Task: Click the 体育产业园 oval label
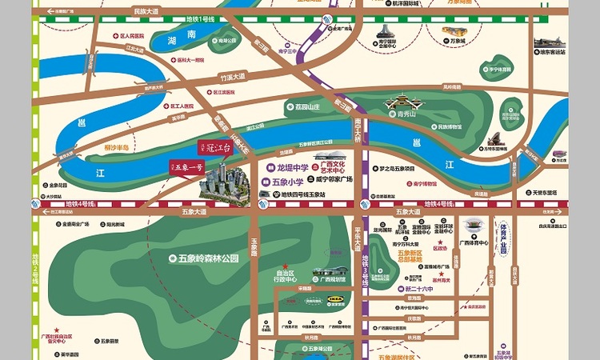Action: point(503,238)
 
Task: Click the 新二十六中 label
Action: point(419,288)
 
